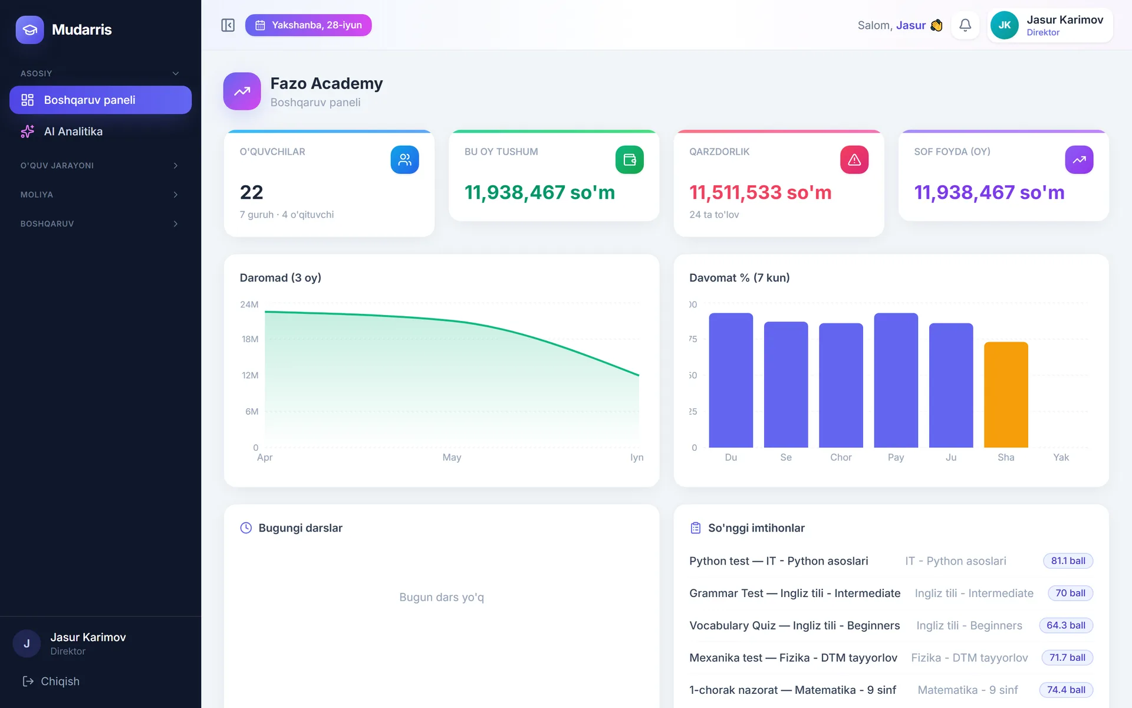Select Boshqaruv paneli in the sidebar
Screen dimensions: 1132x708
pos(100,100)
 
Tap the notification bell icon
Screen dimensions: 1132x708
pos(965,25)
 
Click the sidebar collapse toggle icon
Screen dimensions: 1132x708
pos(228,25)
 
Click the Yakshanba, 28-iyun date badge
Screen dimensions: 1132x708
pos(308,25)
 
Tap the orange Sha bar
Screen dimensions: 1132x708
pos(1006,395)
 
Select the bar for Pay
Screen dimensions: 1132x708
pos(896,380)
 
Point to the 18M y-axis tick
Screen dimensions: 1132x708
pos(250,339)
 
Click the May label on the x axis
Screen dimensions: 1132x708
pos(452,457)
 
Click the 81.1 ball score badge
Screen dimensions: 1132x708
pos(1068,561)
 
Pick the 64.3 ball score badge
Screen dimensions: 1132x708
pos(1066,625)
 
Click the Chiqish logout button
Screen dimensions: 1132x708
pos(51,681)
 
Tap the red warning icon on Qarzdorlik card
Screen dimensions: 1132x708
pos(854,160)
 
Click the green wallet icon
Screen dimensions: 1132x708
pos(630,160)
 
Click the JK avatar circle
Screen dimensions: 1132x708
pos(1005,25)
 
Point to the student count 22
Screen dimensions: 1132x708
pos(252,192)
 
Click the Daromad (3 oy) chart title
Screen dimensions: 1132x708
pos(281,278)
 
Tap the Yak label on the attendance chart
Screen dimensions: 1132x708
pos(1061,457)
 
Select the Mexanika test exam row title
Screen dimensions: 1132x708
pos(793,658)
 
